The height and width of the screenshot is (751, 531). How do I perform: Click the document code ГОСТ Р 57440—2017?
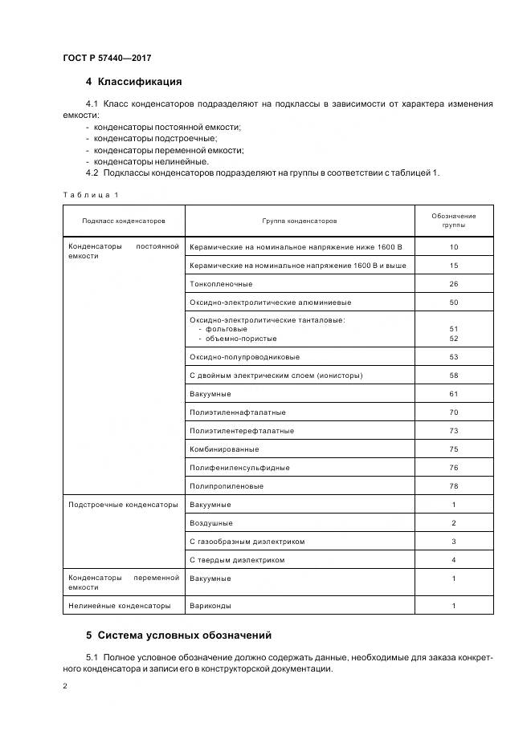click(107, 58)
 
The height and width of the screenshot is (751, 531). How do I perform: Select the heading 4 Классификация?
click(133, 82)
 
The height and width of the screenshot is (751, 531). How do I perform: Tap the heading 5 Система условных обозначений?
click(178, 635)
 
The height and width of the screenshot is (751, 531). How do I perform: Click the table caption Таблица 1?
click(90, 195)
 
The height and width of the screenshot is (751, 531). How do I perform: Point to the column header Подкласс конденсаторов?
click(124, 221)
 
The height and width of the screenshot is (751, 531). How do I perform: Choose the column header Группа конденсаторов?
click(299, 221)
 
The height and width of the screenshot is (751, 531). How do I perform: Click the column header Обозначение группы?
click(453, 221)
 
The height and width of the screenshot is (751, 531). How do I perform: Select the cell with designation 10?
click(453, 247)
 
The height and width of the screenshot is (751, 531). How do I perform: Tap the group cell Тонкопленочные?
click(221, 284)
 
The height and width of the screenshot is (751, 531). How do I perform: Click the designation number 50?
click(453, 302)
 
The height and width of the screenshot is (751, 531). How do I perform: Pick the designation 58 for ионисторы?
click(453, 375)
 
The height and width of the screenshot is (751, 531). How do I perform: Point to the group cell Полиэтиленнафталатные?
click(238, 412)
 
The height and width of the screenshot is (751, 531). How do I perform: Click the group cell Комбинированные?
click(224, 449)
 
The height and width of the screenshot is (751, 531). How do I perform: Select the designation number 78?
click(453, 486)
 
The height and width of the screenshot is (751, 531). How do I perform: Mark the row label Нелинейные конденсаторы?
click(120, 606)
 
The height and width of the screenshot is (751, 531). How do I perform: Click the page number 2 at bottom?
click(65, 687)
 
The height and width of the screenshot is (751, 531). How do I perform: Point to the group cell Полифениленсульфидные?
click(239, 468)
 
